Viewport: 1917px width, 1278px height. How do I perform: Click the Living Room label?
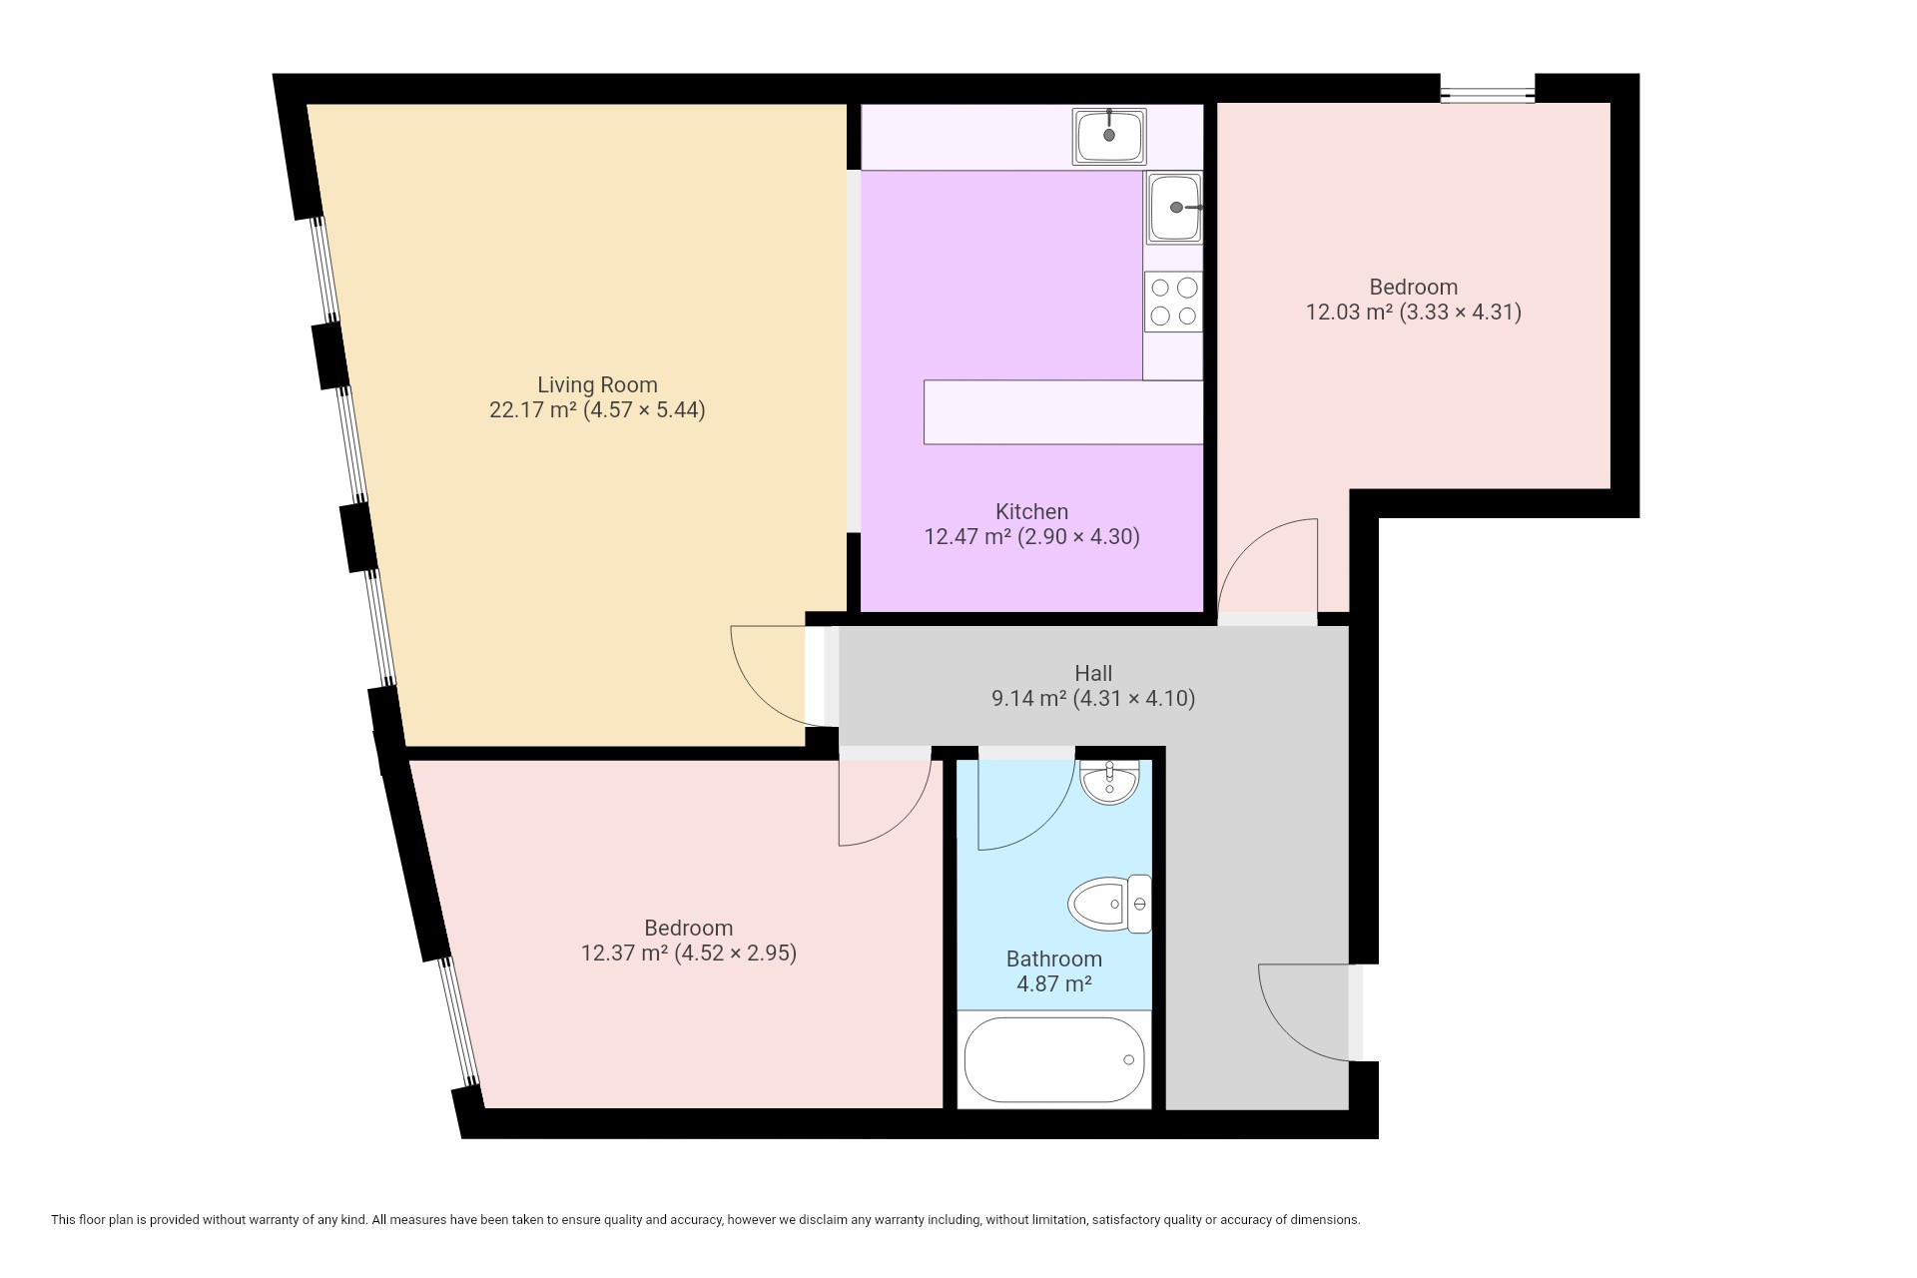point(597,384)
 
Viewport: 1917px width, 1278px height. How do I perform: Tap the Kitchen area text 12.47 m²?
point(967,536)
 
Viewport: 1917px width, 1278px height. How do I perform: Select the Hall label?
point(1093,673)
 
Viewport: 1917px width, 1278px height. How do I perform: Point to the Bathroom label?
point(1054,958)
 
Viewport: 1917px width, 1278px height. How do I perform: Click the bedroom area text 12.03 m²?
point(1349,312)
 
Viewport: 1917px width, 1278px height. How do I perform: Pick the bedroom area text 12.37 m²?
point(624,953)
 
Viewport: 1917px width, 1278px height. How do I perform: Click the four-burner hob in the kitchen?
point(1173,302)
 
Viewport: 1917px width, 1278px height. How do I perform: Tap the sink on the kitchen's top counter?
point(1109,136)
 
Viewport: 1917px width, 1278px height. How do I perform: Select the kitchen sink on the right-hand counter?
point(1174,208)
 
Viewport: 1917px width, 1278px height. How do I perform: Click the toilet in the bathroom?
point(1109,905)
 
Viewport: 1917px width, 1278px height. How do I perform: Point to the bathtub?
point(1054,1059)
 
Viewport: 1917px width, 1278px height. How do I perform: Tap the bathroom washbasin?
point(1109,782)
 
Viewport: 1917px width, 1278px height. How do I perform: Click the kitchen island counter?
point(1063,411)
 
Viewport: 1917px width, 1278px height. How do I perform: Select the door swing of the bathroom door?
point(1046,822)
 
